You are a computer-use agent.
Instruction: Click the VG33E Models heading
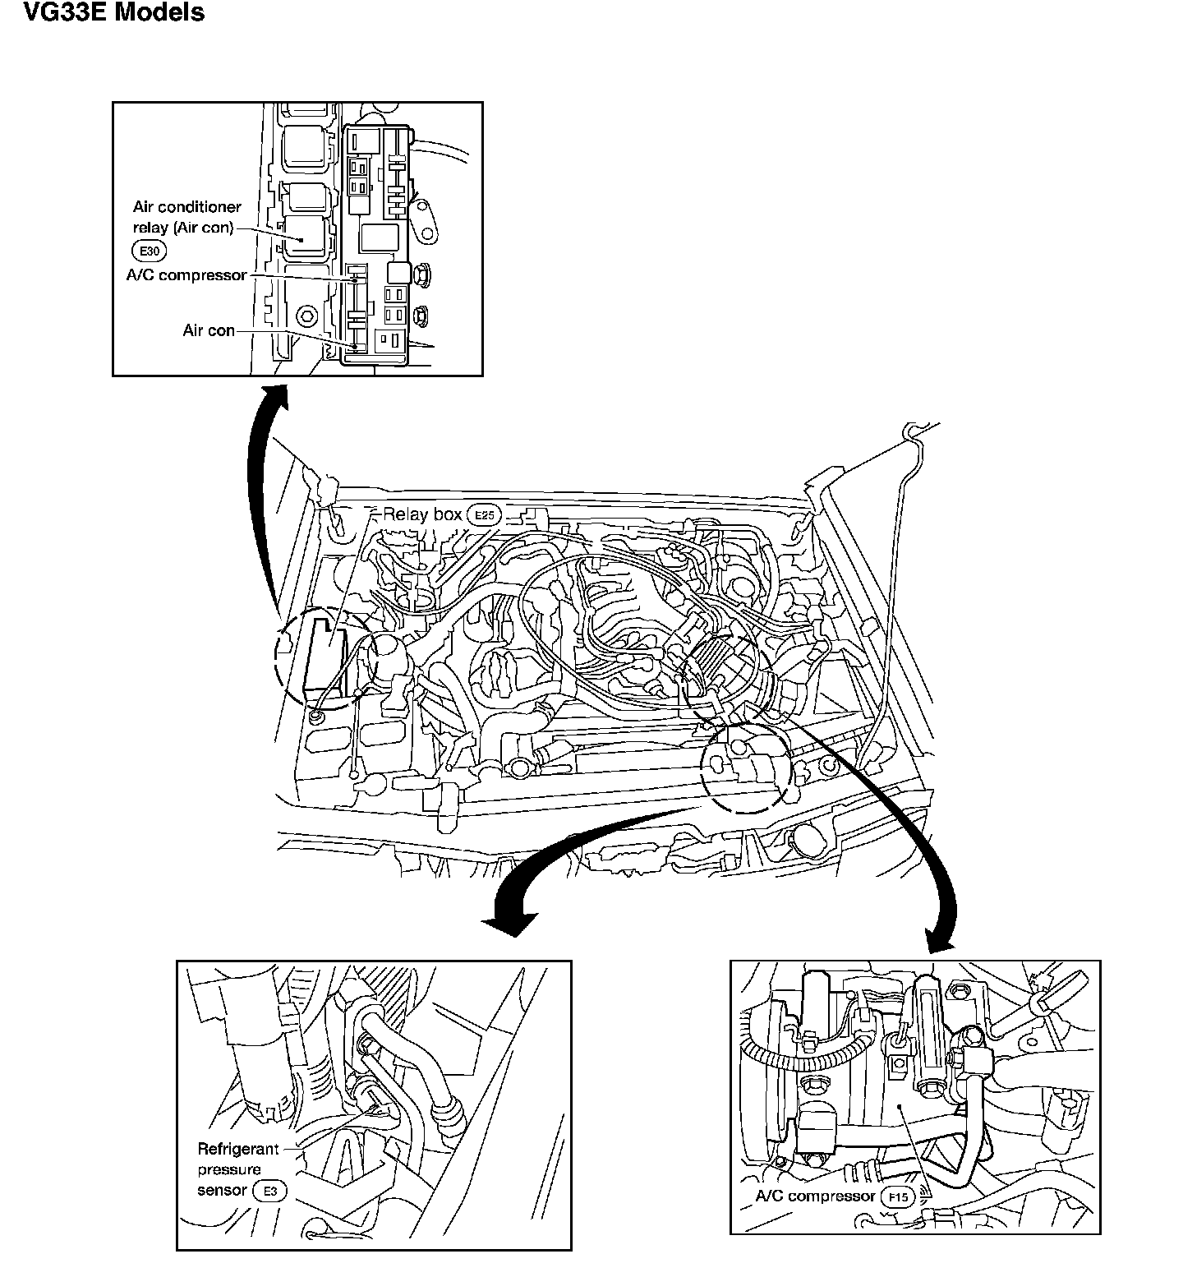pos(114,13)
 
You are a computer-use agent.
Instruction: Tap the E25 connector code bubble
pos(483,515)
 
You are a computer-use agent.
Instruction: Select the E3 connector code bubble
pos(269,1191)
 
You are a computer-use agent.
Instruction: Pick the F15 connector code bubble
pos(899,1197)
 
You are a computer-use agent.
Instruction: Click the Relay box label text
pos(421,514)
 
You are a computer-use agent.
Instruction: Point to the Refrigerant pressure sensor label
pos(238,1169)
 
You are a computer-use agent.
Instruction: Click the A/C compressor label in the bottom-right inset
pos(815,1196)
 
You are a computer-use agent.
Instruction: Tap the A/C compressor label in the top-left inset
pos(186,275)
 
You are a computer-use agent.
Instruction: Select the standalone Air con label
pos(209,330)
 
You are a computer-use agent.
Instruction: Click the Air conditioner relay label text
pos(187,218)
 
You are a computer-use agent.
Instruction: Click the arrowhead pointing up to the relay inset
pos(274,394)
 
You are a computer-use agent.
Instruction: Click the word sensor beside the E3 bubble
pos(222,1190)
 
